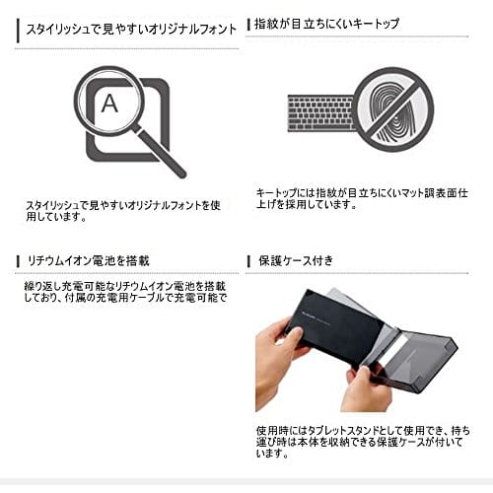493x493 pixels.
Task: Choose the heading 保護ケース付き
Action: pyautogui.click(x=296, y=261)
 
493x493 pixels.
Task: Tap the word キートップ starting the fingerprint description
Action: pyautogui.click(x=272, y=193)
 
